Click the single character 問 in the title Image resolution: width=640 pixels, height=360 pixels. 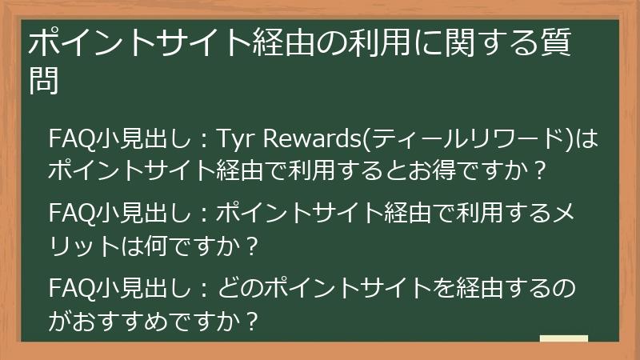pyautogui.click(x=43, y=82)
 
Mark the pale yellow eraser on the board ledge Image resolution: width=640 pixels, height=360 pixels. pyautogui.click(x=564, y=338)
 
